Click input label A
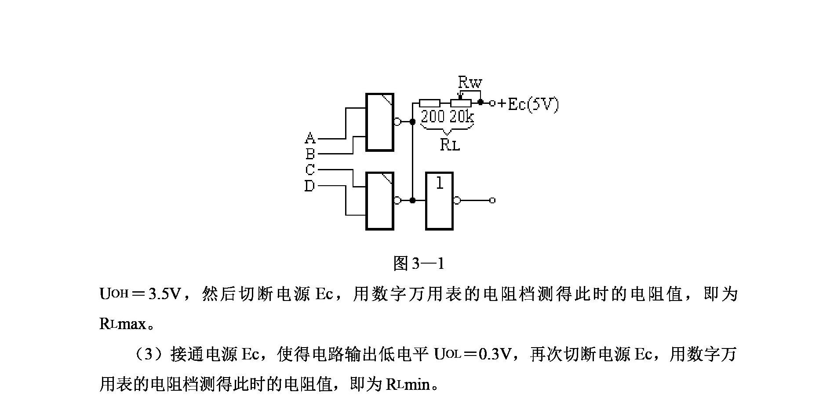[310, 138]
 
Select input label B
[310, 154]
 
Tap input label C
[310, 169]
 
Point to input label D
[310, 186]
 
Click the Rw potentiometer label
[470, 82]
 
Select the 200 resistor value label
[433, 117]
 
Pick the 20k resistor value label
[462, 117]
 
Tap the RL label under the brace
[450, 145]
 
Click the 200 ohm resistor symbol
[430, 103]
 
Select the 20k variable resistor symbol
[461, 103]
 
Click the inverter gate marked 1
[439, 201]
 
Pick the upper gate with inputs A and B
[380, 122]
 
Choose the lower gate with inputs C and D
[380, 201]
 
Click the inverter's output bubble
[457, 201]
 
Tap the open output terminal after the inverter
[492, 201]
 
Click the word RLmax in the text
[123, 324]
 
